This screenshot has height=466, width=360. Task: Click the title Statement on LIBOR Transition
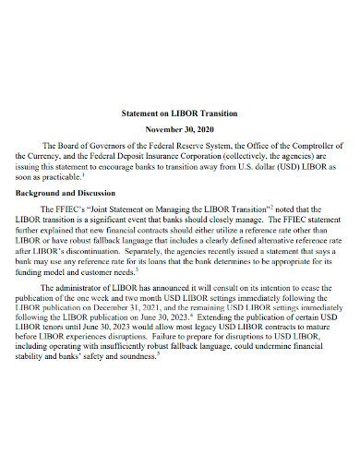point(179,113)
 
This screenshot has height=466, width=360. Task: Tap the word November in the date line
point(162,130)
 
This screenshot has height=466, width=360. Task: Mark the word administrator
point(90,290)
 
